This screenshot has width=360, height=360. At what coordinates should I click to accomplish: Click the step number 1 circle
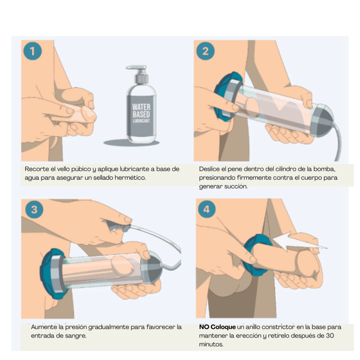32,51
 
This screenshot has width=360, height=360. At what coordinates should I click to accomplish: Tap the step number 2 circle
205,51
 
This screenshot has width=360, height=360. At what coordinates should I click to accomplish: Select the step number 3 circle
34,210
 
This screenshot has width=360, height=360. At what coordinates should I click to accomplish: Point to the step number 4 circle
206,210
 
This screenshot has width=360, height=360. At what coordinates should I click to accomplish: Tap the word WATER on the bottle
141,107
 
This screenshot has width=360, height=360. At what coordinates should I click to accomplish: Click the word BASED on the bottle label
141,114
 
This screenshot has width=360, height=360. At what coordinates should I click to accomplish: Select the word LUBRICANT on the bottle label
141,121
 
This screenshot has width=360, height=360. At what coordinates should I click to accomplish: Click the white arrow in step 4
298,243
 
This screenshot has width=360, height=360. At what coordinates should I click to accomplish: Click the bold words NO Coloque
217,327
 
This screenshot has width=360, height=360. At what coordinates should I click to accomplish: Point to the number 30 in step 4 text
330,336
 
